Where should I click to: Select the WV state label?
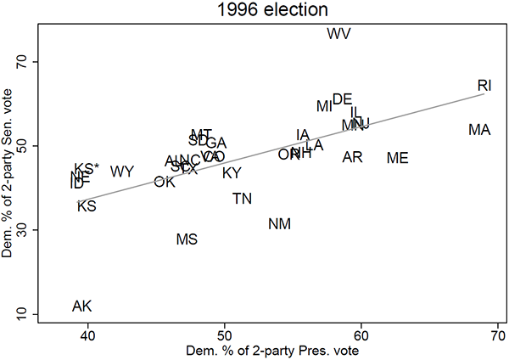pyautogui.click(x=338, y=34)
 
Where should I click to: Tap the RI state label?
pyautogui.click(x=484, y=85)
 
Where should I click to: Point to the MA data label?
pyautogui.click(x=479, y=130)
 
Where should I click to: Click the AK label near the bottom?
pyautogui.click(x=82, y=307)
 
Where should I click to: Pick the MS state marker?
pyautogui.click(x=187, y=239)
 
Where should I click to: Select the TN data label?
pyautogui.click(x=242, y=199)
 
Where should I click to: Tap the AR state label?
pyautogui.click(x=353, y=157)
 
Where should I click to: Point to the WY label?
pyautogui.click(x=122, y=172)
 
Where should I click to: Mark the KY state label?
pyautogui.click(x=232, y=173)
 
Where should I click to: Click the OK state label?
pyautogui.click(x=164, y=182)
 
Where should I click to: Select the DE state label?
pyautogui.click(x=342, y=99)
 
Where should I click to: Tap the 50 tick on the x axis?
pyautogui.click(x=224, y=334)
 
